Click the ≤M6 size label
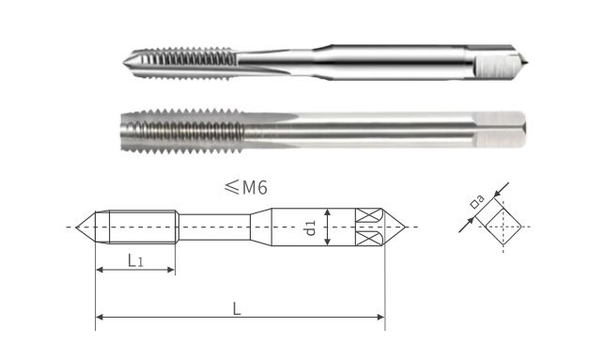point(248,188)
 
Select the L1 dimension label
point(135,258)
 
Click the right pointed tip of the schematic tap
point(402,227)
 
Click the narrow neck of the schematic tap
point(214,227)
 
